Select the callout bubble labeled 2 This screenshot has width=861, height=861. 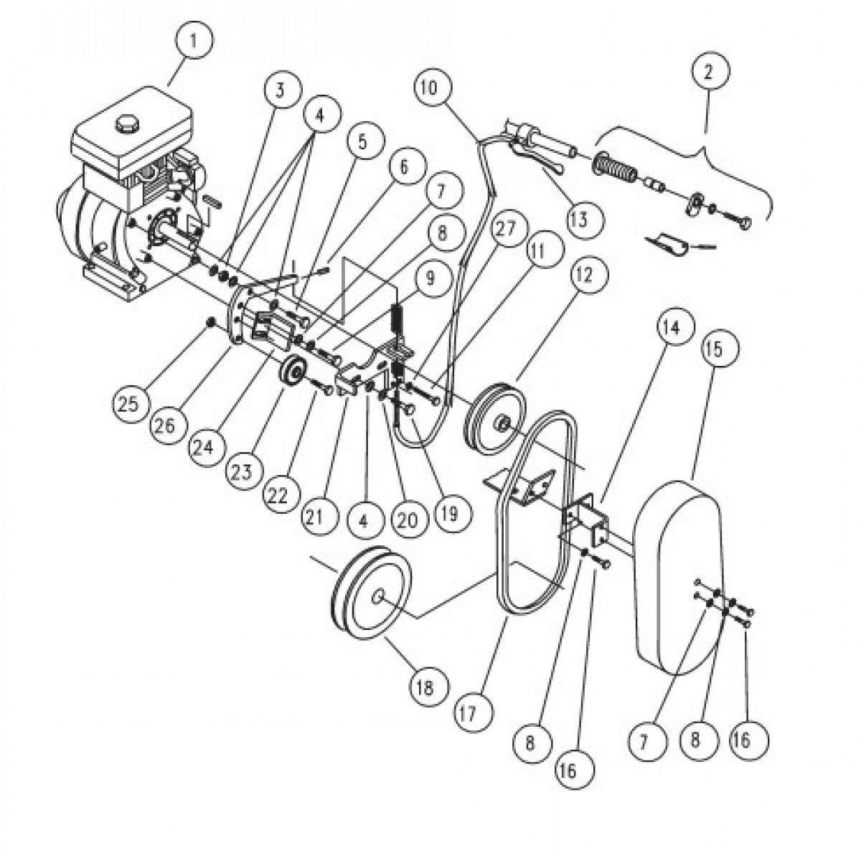point(711,71)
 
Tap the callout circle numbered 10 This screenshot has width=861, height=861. point(434,88)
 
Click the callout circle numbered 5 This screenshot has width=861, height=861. point(362,142)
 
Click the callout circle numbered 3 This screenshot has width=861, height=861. point(281,90)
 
